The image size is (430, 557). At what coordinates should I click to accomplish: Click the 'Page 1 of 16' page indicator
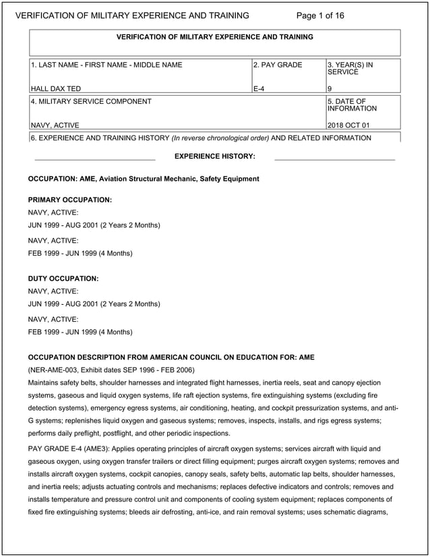point(320,16)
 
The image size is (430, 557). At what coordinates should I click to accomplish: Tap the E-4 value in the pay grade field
point(259,88)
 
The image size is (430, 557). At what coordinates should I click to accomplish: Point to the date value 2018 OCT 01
point(348,125)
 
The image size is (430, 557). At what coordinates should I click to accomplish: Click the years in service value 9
point(329,88)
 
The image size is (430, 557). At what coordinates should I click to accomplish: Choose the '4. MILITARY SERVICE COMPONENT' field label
point(91,102)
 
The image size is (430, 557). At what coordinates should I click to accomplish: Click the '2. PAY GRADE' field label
point(278,65)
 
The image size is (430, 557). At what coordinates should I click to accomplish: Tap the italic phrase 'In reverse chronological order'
point(220,138)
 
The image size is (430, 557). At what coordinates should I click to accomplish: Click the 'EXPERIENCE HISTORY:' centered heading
point(214,156)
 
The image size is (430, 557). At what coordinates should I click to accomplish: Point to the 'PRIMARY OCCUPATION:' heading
point(69,200)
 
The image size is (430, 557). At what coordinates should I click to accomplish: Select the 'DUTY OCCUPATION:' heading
point(63,278)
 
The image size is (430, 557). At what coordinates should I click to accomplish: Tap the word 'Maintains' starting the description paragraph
point(44,383)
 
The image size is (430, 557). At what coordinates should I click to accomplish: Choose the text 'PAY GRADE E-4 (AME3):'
point(67,448)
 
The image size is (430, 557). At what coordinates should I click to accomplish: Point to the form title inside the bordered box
point(214,37)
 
